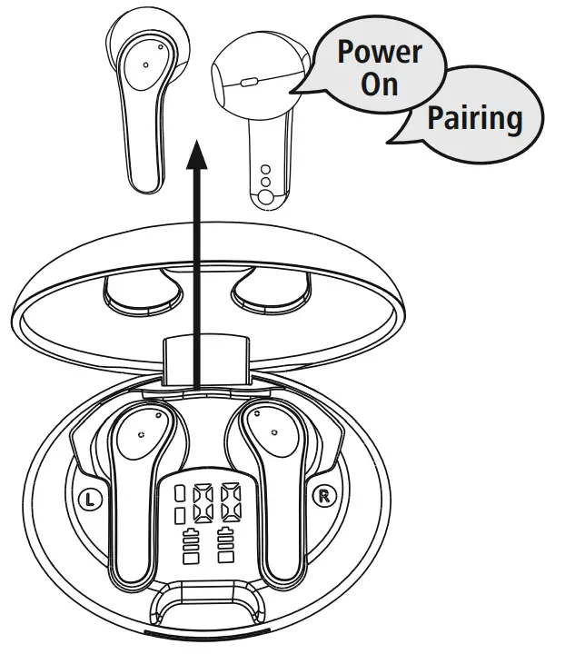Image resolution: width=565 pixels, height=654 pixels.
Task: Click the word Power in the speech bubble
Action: (380, 52)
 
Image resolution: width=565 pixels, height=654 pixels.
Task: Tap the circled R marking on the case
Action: (322, 496)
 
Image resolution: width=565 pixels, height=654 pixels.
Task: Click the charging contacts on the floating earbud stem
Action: (264, 183)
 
